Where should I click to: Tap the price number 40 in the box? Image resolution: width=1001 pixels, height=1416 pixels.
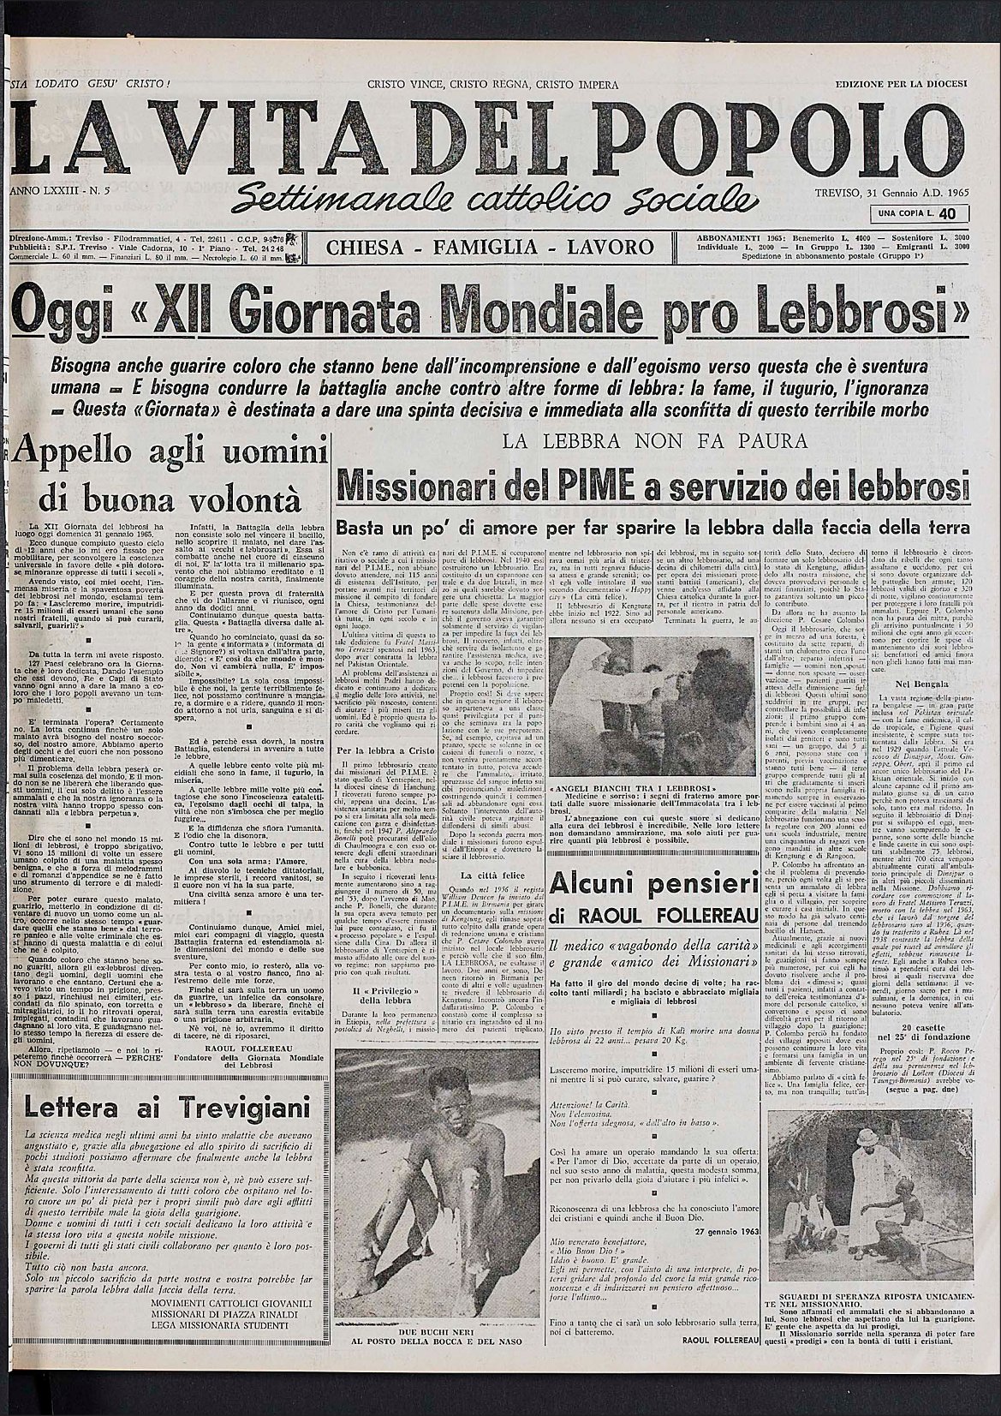click(946, 213)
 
